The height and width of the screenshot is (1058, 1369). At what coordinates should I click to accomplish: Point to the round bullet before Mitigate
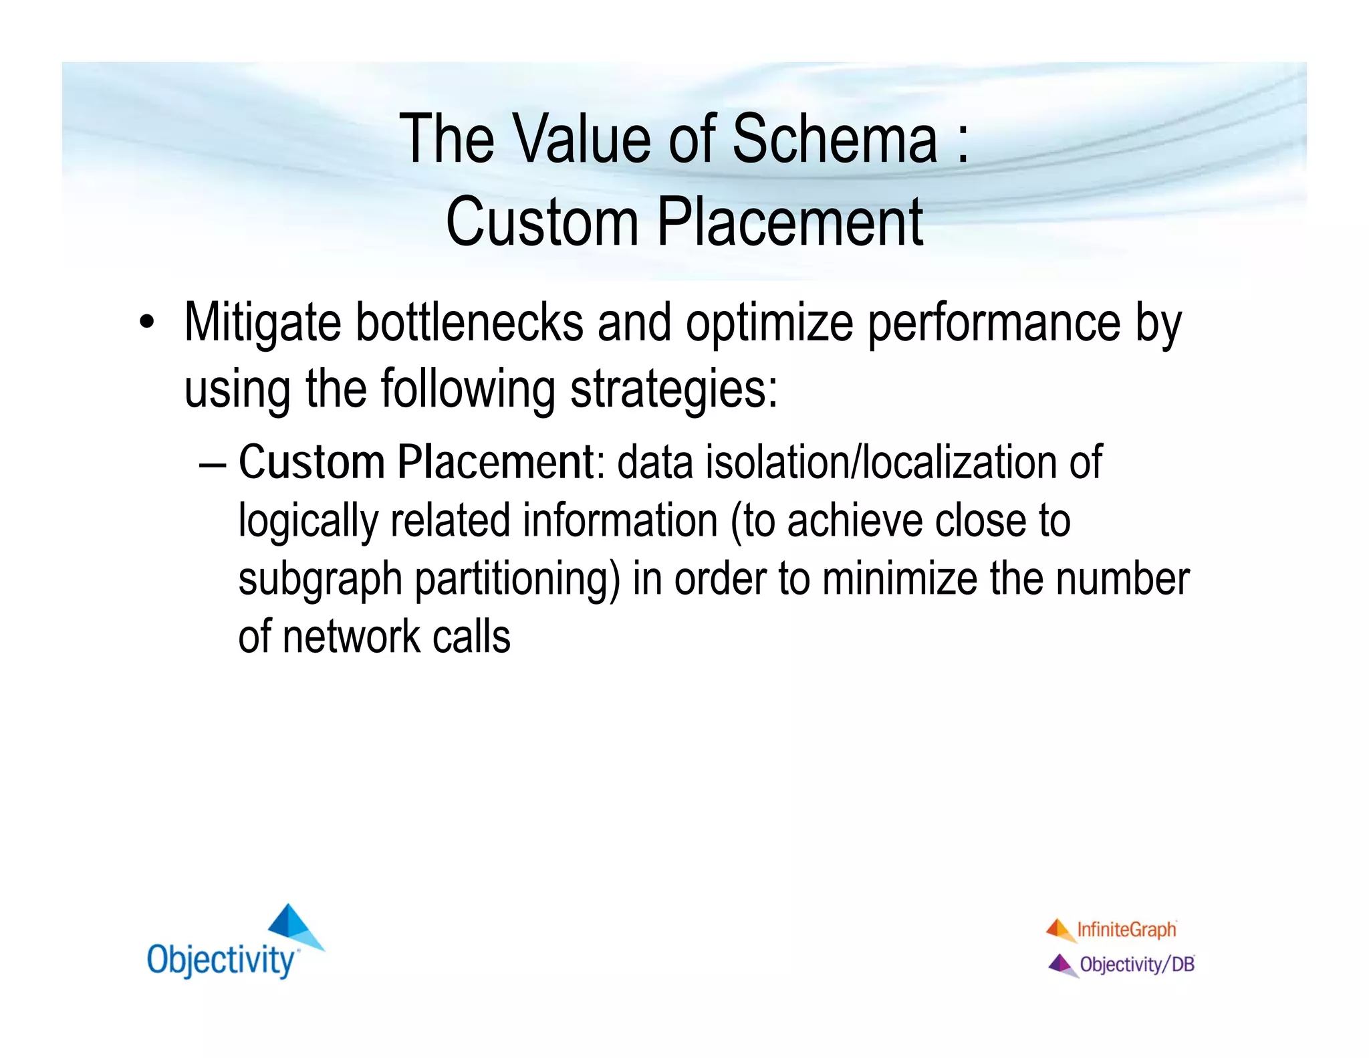pyautogui.click(x=146, y=323)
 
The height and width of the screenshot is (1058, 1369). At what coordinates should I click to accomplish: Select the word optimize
pyautogui.click(x=769, y=324)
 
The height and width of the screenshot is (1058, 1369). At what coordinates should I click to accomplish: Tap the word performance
pyautogui.click(x=994, y=324)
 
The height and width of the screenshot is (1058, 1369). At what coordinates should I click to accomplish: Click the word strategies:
pyautogui.click(x=674, y=390)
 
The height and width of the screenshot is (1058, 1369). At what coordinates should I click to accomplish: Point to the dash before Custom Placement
pyautogui.click(x=213, y=463)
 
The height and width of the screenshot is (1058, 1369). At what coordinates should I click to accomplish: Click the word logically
pyautogui.click(x=308, y=522)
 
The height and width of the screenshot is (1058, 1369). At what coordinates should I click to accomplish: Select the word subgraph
pyautogui.click(x=320, y=580)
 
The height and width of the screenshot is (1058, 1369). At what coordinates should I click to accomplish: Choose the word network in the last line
pyautogui.click(x=351, y=637)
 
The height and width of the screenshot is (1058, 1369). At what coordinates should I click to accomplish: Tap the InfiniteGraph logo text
pyautogui.click(x=1126, y=930)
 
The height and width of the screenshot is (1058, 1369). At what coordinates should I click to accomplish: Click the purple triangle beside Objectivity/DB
pyautogui.click(x=1062, y=964)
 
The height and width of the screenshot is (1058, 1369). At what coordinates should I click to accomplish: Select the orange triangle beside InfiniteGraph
pyautogui.click(x=1060, y=928)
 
